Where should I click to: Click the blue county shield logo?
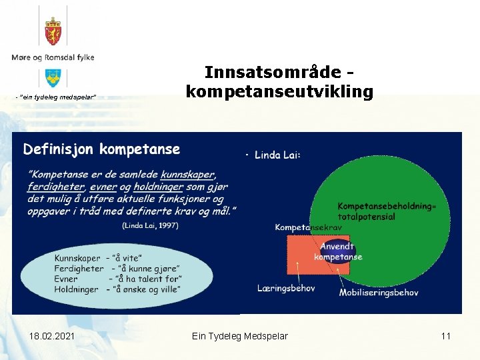(53, 77)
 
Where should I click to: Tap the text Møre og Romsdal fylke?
(53, 57)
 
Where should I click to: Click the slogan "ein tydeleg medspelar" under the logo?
(57, 98)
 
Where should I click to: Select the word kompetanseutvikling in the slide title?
(279, 91)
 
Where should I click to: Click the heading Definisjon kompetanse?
(101, 149)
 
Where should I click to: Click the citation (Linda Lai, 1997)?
(150, 225)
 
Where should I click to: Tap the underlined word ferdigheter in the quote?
(56, 187)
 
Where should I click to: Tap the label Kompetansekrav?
(308, 227)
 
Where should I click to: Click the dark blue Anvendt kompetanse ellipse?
(338, 252)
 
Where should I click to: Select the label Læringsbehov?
(286, 288)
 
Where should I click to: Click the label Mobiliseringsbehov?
(379, 292)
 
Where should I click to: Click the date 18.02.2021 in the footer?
(52, 336)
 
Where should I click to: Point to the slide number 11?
(445, 336)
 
